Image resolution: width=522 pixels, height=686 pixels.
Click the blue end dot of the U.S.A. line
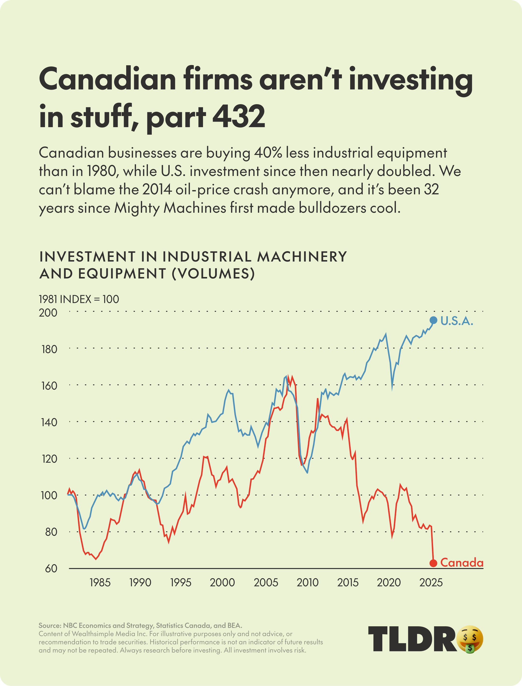coord(433,320)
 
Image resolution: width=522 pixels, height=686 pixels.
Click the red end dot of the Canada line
coord(433,563)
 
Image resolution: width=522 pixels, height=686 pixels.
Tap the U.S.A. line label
coord(457,321)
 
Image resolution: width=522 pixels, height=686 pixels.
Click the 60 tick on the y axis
coord(51,569)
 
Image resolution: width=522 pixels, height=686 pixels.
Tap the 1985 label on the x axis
coord(100,583)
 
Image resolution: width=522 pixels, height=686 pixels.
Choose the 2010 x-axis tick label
coord(308,583)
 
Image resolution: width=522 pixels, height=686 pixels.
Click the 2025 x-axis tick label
coord(431,583)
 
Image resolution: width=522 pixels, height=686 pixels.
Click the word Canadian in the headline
coord(108,79)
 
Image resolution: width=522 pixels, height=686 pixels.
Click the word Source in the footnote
coord(49,625)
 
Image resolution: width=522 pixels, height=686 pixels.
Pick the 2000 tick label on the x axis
coord(222,583)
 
